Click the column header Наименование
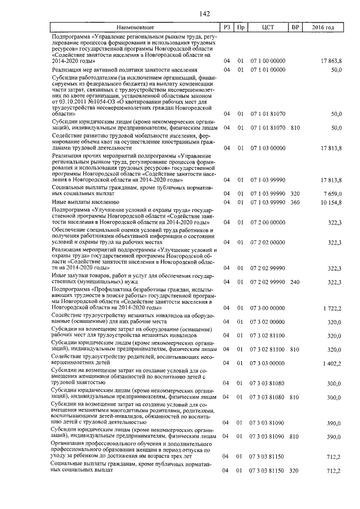135,27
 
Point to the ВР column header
294,27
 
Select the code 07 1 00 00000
267,60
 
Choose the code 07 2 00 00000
267,223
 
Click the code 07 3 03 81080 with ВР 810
267,398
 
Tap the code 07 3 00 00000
267,309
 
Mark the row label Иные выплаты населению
84,201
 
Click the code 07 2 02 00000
267,242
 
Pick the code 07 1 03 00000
267,148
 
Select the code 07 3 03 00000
267,364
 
